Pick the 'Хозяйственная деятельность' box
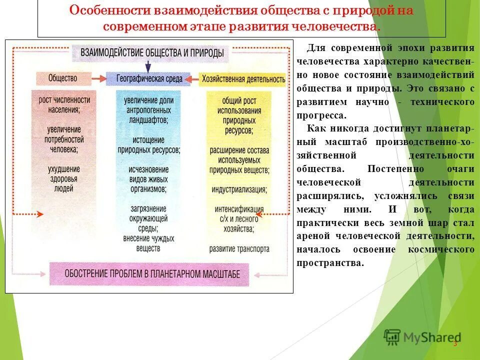point(243,78)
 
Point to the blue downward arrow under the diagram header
point(147,66)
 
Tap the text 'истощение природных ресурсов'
point(148,144)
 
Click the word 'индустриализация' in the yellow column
point(238,190)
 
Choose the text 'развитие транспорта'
point(239,248)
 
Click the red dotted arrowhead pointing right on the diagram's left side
point(40,214)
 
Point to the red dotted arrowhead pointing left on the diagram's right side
point(261,214)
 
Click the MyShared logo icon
point(392,337)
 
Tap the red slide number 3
point(455,343)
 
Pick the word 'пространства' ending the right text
point(330,262)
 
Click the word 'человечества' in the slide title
point(340,26)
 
